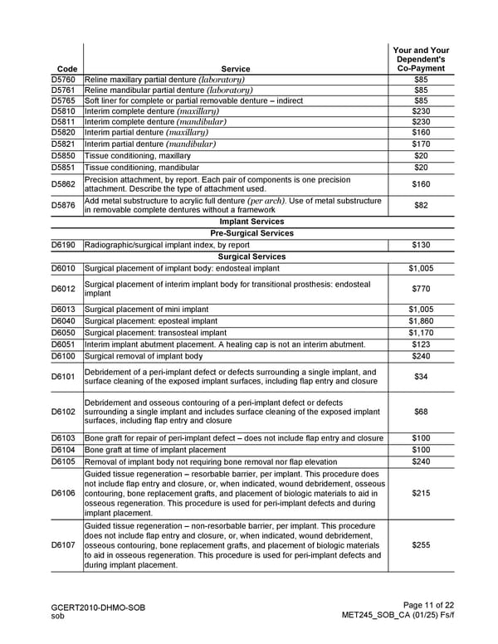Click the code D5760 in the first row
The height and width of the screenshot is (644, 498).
(x=63, y=79)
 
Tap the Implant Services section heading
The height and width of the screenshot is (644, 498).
(x=251, y=222)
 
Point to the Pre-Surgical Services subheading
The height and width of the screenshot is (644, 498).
(x=251, y=233)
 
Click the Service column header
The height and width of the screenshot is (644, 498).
(x=236, y=68)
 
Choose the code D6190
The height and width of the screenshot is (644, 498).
(x=63, y=245)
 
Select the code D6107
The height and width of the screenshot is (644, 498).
(x=63, y=545)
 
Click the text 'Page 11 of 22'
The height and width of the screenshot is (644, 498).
(x=427, y=607)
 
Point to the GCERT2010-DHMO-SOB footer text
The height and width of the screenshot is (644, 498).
(x=98, y=607)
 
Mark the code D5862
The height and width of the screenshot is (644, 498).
(x=63, y=184)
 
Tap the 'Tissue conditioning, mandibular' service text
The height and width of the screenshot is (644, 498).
(x=149, y=167)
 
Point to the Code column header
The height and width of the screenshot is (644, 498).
(x=63, y=68)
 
